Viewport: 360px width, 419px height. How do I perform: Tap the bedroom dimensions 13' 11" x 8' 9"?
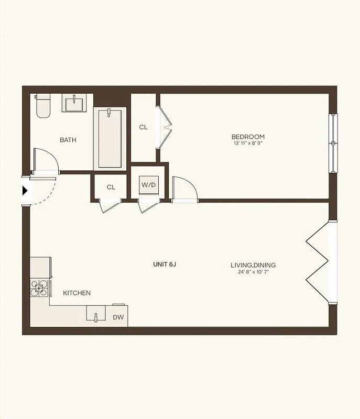coord(248,143)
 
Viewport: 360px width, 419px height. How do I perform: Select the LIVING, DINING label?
coord(253,265)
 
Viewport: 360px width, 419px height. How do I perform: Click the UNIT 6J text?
coord(165,264)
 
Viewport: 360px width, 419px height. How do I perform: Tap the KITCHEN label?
coord(77,293)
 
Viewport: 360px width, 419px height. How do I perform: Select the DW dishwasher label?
coord(118,317)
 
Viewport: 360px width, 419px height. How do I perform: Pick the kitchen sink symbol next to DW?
coord(96,316)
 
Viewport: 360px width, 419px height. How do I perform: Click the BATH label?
coord(68,140)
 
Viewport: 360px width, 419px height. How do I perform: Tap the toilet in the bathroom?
coord(42,106)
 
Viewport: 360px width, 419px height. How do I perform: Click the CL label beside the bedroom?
coord(144,127)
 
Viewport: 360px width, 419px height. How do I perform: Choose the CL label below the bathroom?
coord(111,188)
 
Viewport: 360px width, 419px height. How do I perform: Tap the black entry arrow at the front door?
coord(25,191)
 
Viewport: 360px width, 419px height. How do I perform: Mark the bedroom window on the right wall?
coord(333,142)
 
